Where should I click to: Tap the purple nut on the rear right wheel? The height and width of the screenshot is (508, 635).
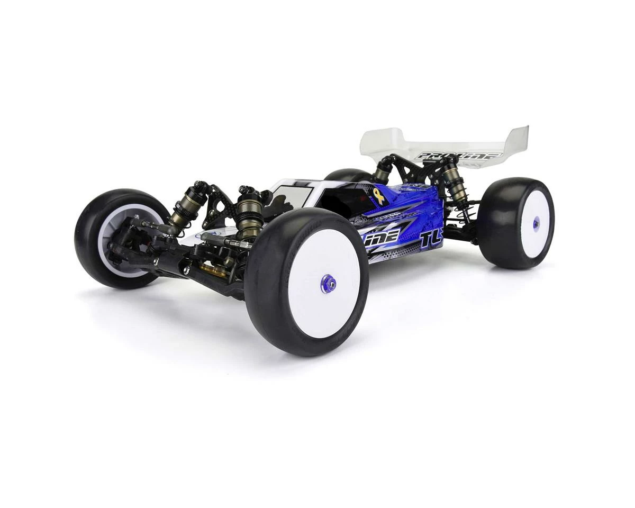click(536, 223)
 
